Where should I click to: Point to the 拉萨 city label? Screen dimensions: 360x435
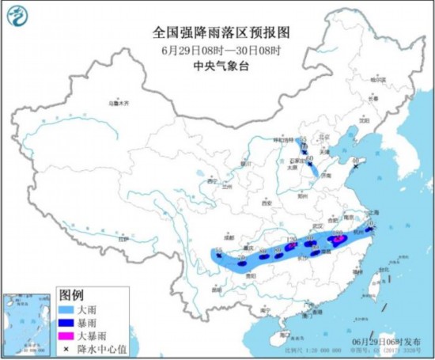tap(121, 238)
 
